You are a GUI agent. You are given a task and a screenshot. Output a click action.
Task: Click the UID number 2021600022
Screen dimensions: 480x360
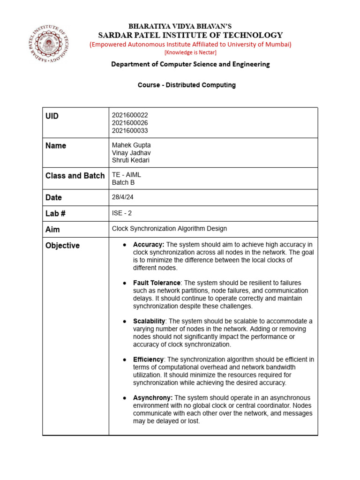130,115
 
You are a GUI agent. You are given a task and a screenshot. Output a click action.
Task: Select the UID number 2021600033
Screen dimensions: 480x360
130,131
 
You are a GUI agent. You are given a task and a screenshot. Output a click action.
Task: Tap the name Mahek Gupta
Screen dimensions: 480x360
131,145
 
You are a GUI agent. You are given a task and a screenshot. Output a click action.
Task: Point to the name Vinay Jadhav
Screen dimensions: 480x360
131,153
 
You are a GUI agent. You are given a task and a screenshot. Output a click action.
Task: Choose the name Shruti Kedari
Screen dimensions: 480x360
131,160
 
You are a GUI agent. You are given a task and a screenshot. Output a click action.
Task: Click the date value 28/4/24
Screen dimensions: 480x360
123,197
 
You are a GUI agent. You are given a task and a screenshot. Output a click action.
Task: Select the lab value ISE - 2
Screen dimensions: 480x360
122,213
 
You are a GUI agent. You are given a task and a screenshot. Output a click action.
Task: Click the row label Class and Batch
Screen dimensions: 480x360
75,176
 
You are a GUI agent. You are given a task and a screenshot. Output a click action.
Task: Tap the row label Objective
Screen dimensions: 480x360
62,246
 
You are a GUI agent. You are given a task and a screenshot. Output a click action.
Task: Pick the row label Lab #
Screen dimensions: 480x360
55,214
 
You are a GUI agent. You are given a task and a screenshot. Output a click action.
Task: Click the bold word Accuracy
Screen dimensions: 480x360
149,245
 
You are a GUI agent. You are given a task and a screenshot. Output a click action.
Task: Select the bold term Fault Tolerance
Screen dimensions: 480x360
157,283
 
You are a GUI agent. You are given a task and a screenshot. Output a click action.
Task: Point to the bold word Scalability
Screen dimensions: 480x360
149,321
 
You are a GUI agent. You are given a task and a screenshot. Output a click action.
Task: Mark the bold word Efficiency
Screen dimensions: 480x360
148,360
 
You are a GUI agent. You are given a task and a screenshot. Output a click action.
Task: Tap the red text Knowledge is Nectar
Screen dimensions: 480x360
190,52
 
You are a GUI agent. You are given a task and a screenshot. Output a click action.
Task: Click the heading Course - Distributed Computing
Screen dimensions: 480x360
187,85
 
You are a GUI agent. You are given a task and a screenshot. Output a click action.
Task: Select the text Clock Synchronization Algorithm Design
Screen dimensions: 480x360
169,229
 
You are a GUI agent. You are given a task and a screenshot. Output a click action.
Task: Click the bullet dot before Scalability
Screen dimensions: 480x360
125,322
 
